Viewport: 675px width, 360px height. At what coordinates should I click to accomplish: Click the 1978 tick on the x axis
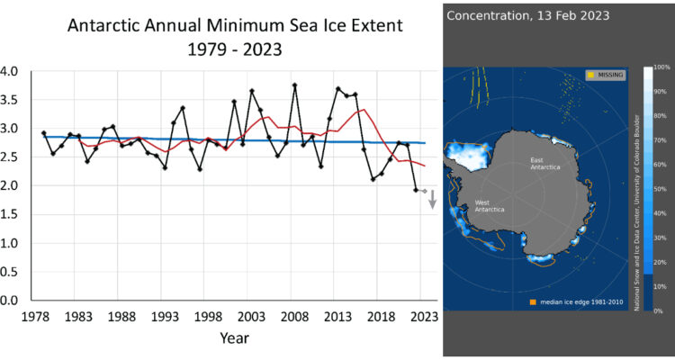pos(35,316)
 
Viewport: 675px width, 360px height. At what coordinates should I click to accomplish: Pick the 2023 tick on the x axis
pos(424,316)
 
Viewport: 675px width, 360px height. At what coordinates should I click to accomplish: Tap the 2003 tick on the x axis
pos(251,316)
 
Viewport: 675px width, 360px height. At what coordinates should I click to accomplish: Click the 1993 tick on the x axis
pos(165,316)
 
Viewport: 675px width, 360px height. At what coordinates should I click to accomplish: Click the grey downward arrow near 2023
pos(432,199)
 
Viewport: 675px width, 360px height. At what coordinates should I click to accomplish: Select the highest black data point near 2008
pos(295,85)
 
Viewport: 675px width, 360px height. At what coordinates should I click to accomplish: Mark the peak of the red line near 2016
pos(363,110)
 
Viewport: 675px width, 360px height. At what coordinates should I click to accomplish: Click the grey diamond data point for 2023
pos(424,191)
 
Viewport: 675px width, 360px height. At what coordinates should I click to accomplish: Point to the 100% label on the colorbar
pos(660,67)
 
